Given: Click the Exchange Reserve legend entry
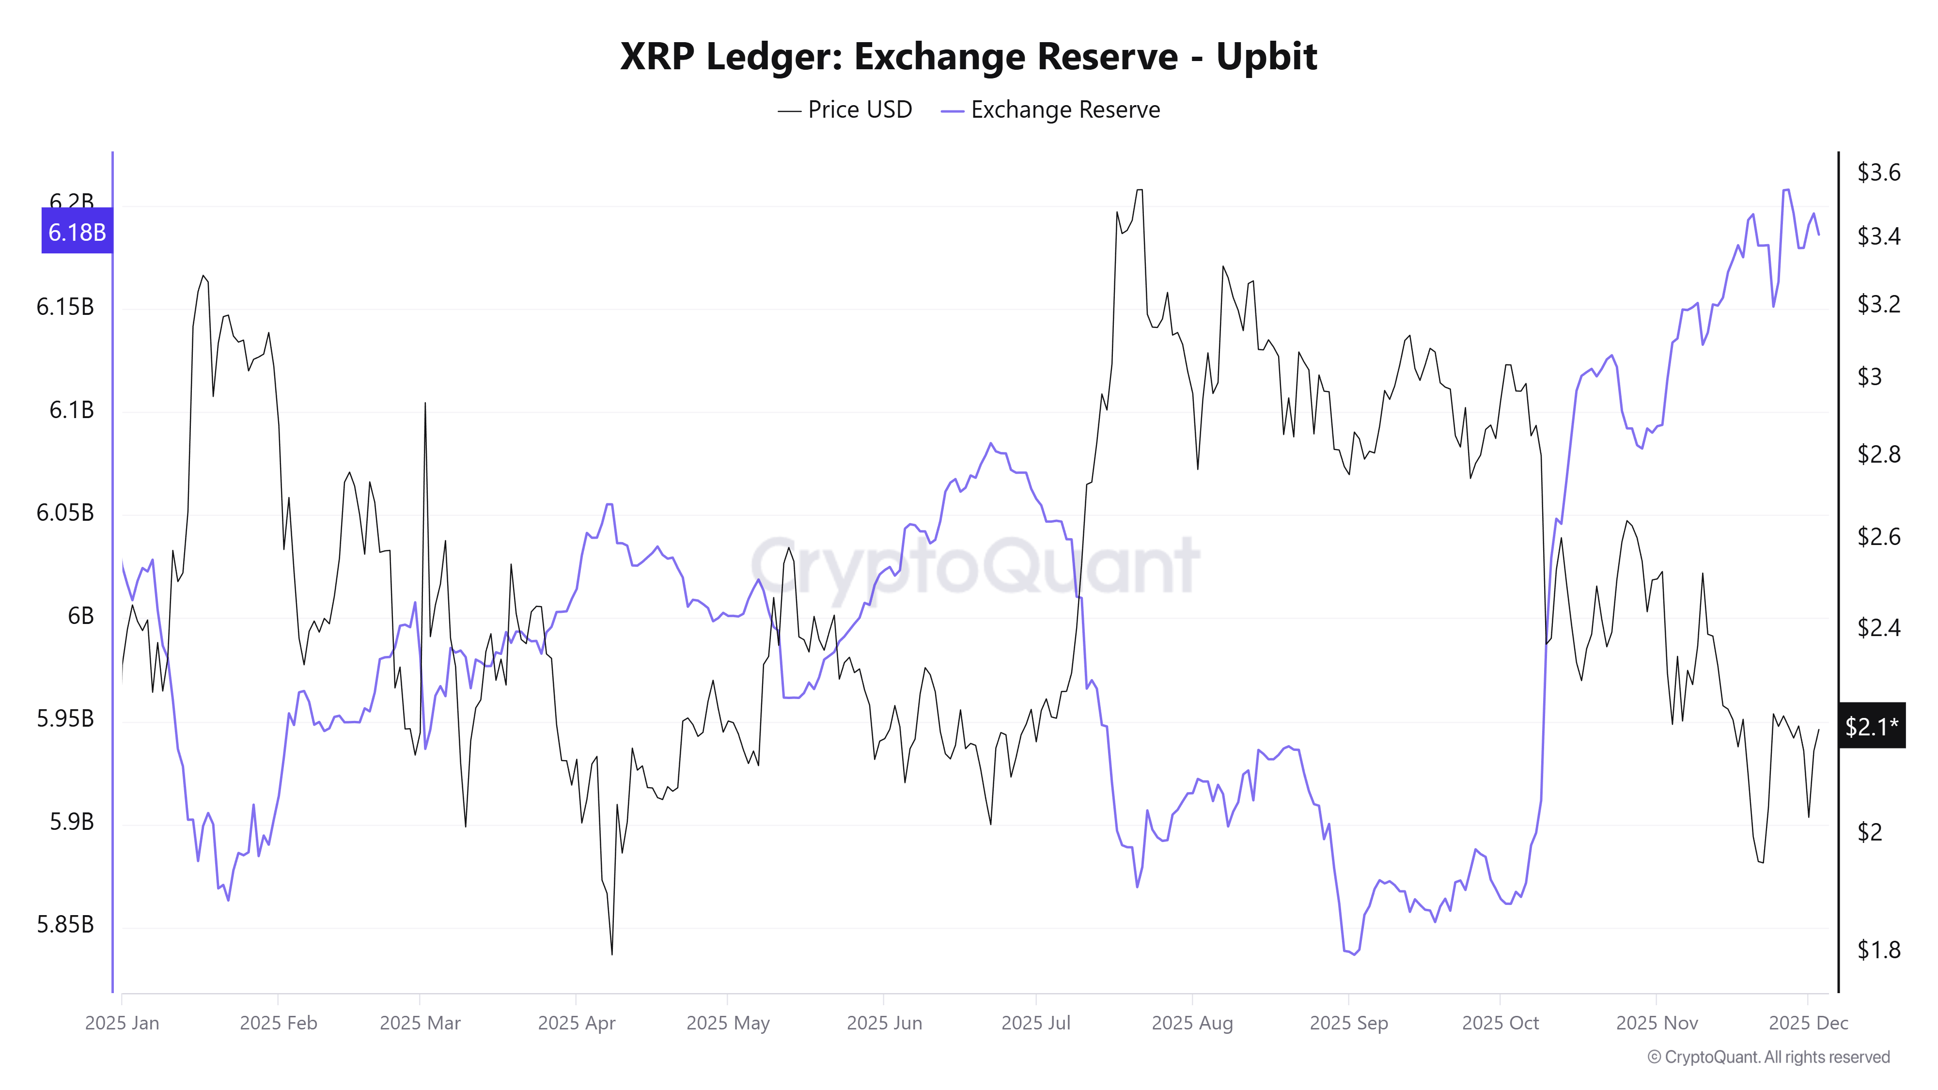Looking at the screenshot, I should pos(1051,110).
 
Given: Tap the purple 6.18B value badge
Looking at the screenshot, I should pos(77,232).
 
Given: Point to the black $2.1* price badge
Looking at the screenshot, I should pos(1871,726).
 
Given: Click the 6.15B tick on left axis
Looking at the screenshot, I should pos(65,307).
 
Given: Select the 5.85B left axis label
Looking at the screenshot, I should pos(65,924).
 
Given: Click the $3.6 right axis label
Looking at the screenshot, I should pos(1878,172).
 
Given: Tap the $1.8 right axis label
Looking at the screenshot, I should pos(1878,950).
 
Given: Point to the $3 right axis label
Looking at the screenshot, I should pos(1870,376).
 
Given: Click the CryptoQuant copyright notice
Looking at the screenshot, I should pos(1768,1057).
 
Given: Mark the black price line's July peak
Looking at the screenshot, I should pos(1139,190).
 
